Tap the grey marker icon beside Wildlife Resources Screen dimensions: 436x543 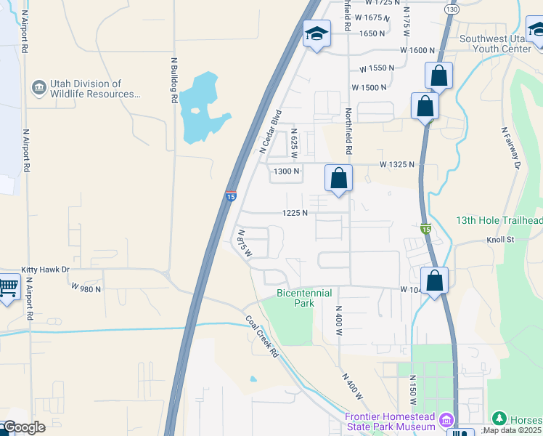[38, 89]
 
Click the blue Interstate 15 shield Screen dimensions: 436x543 [231, 195]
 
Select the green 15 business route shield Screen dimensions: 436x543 [427, 228]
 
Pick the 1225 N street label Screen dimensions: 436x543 [295, 213]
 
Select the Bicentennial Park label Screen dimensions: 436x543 [304, 298]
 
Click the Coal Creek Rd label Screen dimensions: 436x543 [262, 336]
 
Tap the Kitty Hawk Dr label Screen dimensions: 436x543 [45, 269]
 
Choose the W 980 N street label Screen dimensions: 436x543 [86, 288]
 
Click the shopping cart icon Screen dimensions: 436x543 [9, 287]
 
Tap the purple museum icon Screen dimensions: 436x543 [447, 420]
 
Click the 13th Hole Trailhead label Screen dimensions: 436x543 [499, 220]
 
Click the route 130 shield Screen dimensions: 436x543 [452, 9]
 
